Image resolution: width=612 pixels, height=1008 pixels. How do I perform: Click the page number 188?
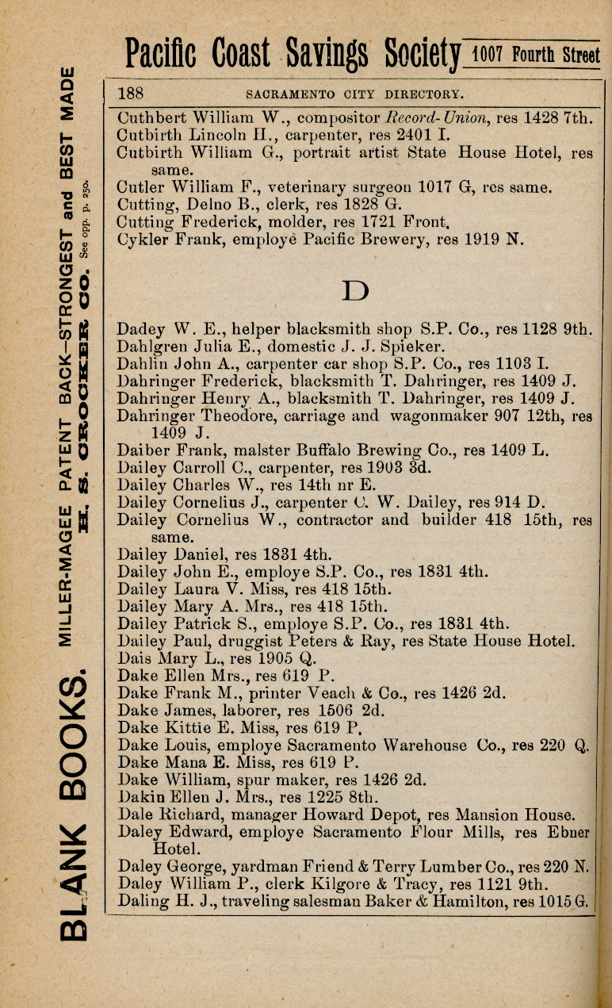[x=131, y=93]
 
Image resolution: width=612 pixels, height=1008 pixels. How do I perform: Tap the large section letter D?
[x=356, y=292]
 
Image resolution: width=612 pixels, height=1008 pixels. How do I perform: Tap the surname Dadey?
[x=138, y=328]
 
